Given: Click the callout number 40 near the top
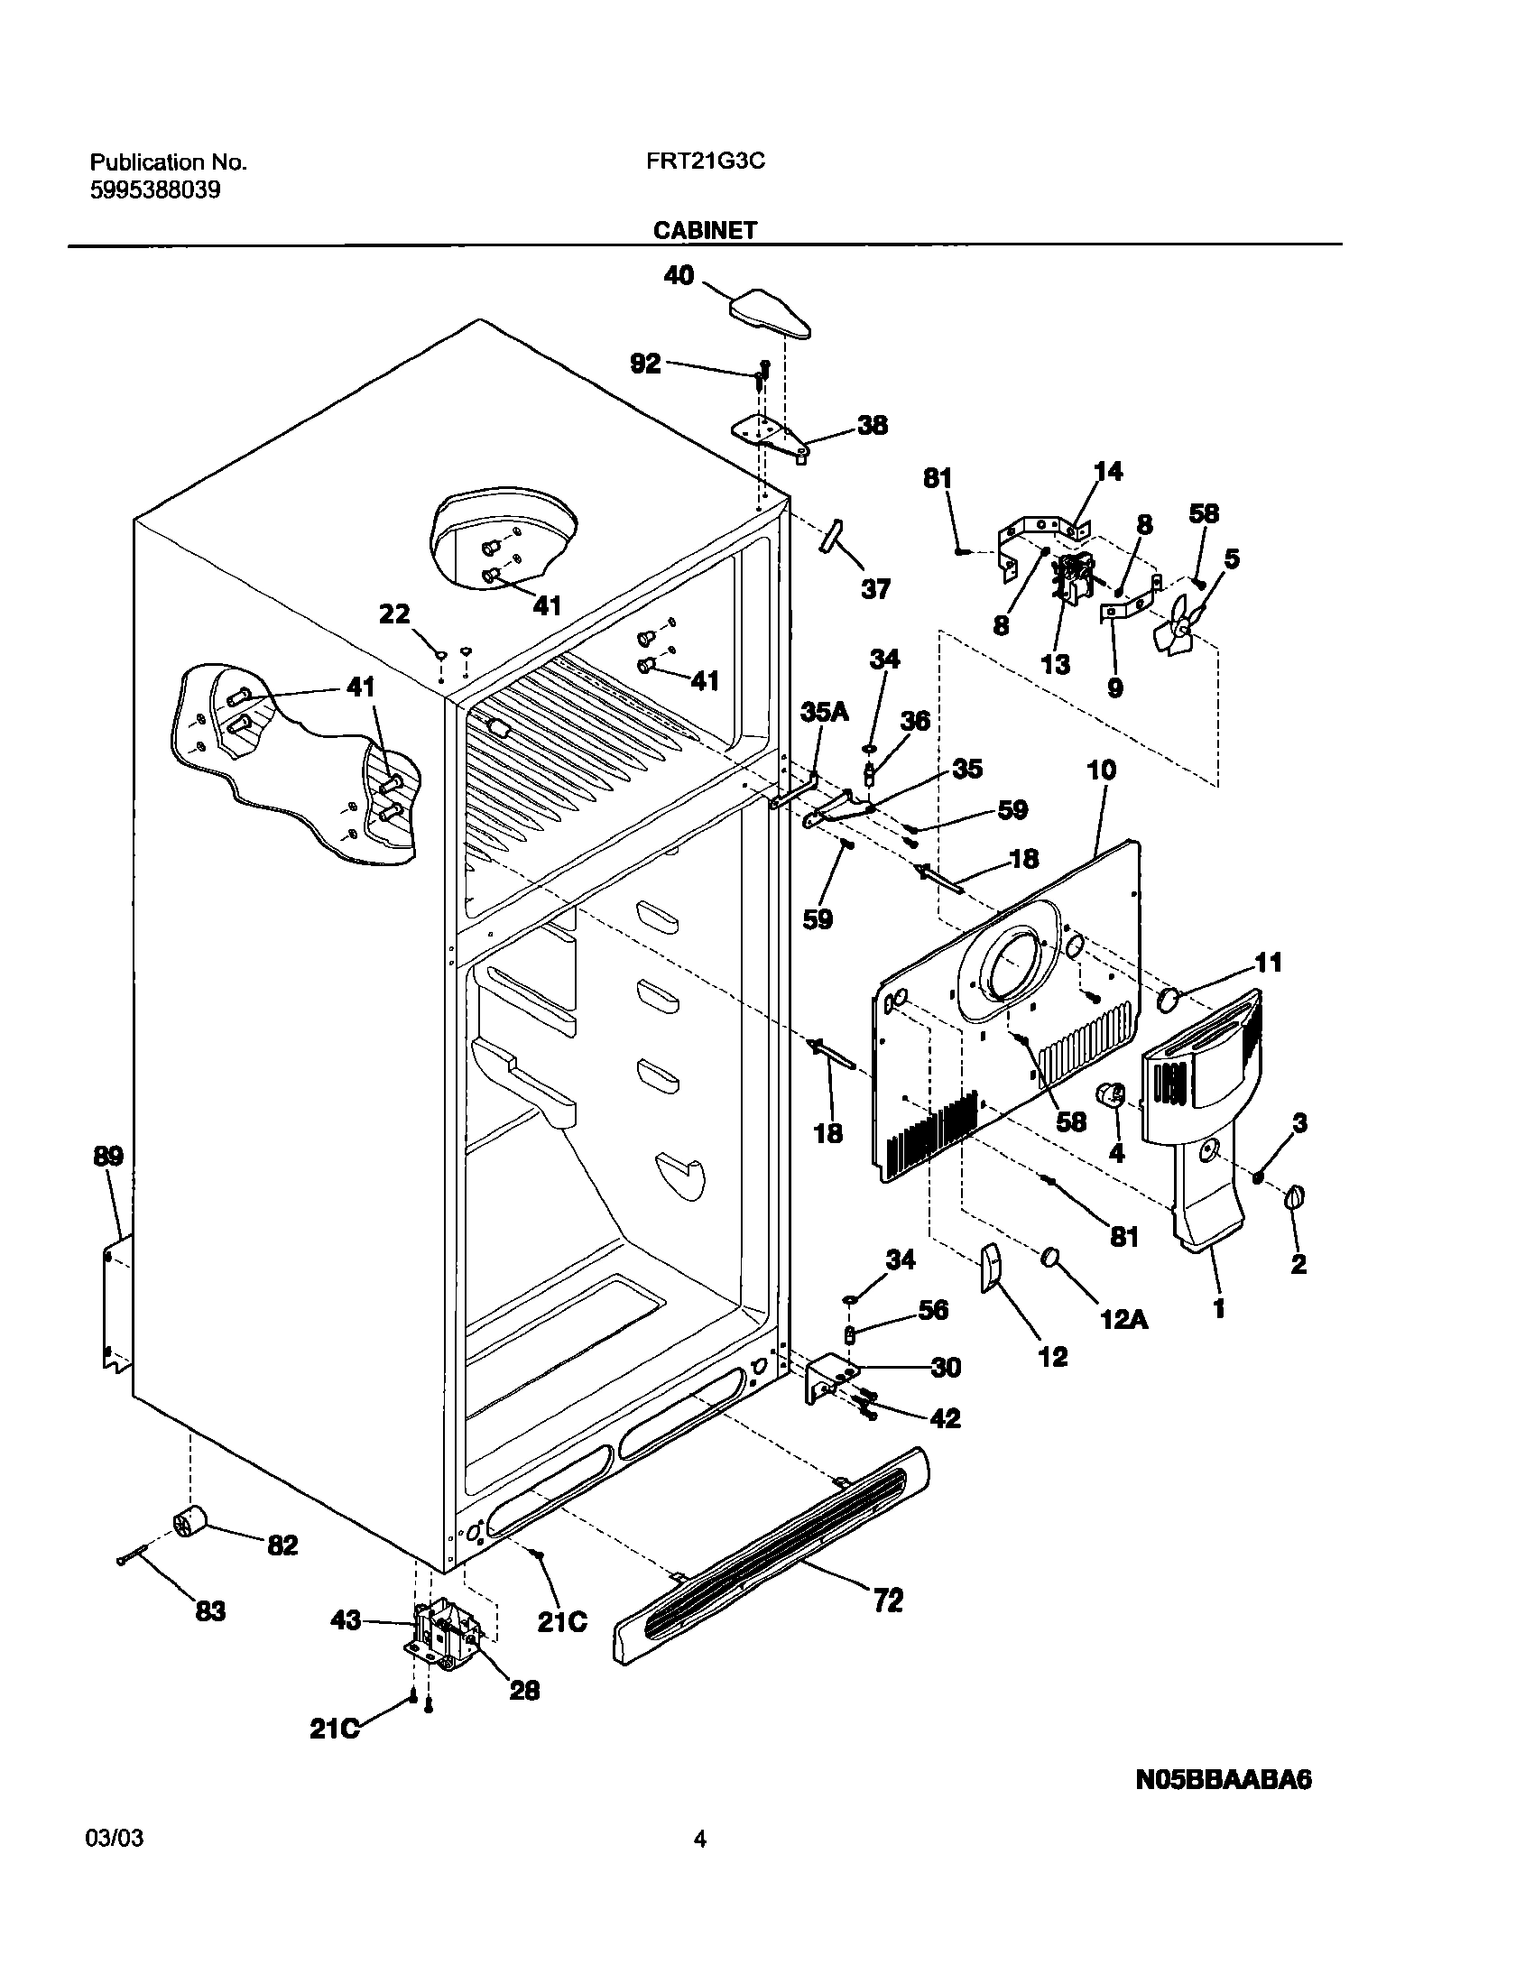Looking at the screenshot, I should tap(679, 274).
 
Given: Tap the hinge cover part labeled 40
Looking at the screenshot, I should tap(767, 313).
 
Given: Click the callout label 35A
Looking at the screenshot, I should tap(825, 712).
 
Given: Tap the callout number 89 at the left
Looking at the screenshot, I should tap(108, 1156).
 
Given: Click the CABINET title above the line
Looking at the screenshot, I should tap(705, 230).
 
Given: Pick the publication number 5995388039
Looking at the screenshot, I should tap(155, 190).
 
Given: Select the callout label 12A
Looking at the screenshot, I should tap(1124, 1320).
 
